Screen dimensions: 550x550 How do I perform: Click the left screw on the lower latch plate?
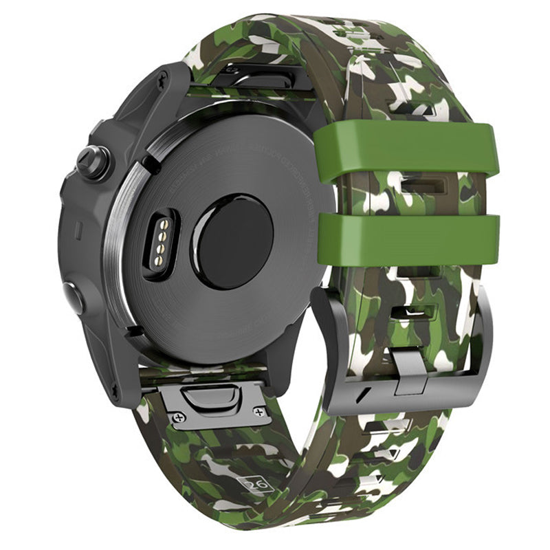pyautogui.click(x=179, y=416)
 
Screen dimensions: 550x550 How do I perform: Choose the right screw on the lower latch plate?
pyautogui.click(x=259, y=411)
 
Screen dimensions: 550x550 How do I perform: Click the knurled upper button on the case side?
pyautogui.click(x=90, y=161)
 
